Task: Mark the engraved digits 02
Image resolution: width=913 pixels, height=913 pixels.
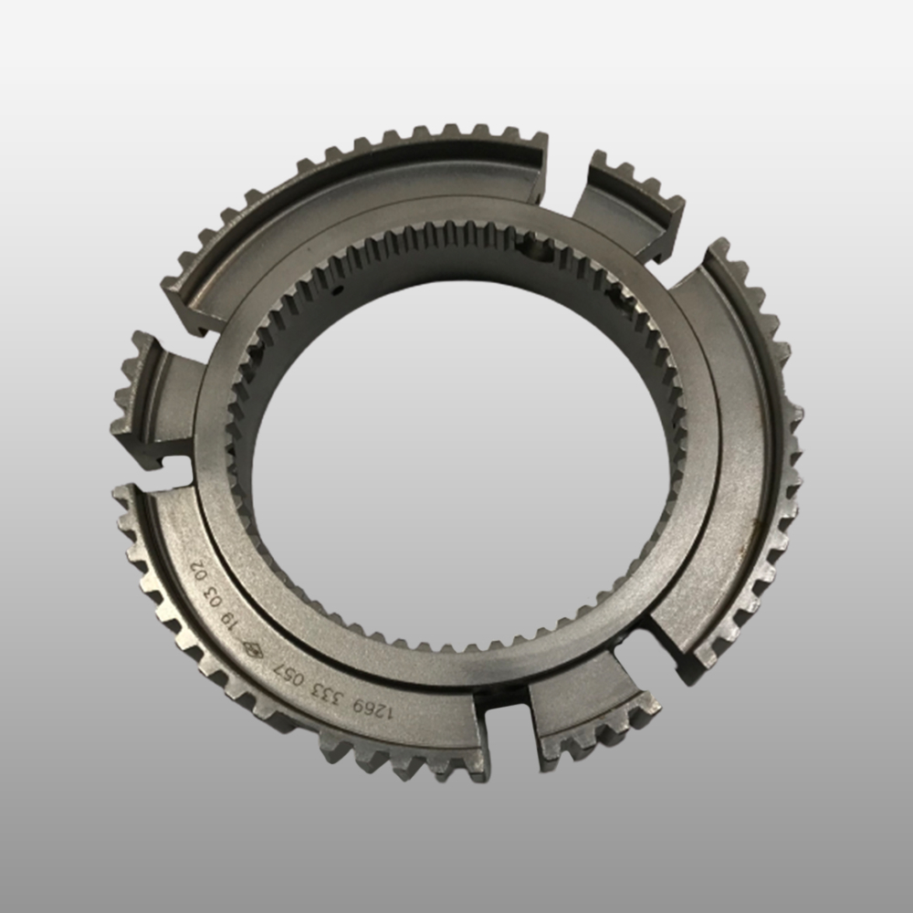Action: coord(198,571)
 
